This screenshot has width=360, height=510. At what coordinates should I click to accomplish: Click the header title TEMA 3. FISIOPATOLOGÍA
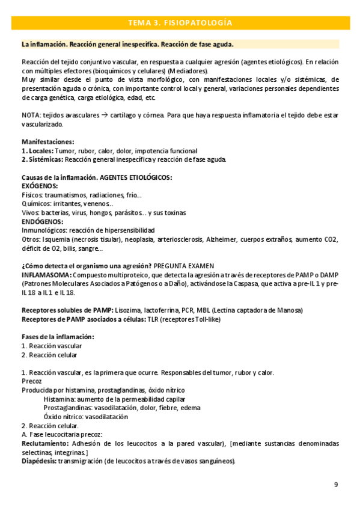pos(180,23)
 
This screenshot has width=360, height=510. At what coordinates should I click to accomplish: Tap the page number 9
pos(336,485)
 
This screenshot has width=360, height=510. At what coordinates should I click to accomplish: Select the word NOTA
pos(31,115)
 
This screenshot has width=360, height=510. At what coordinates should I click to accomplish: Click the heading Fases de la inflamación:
pos(57,336)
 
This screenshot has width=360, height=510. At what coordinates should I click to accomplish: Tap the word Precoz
pos(31,381)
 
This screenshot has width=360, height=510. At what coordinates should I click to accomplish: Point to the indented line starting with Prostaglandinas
pos(114,408)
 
